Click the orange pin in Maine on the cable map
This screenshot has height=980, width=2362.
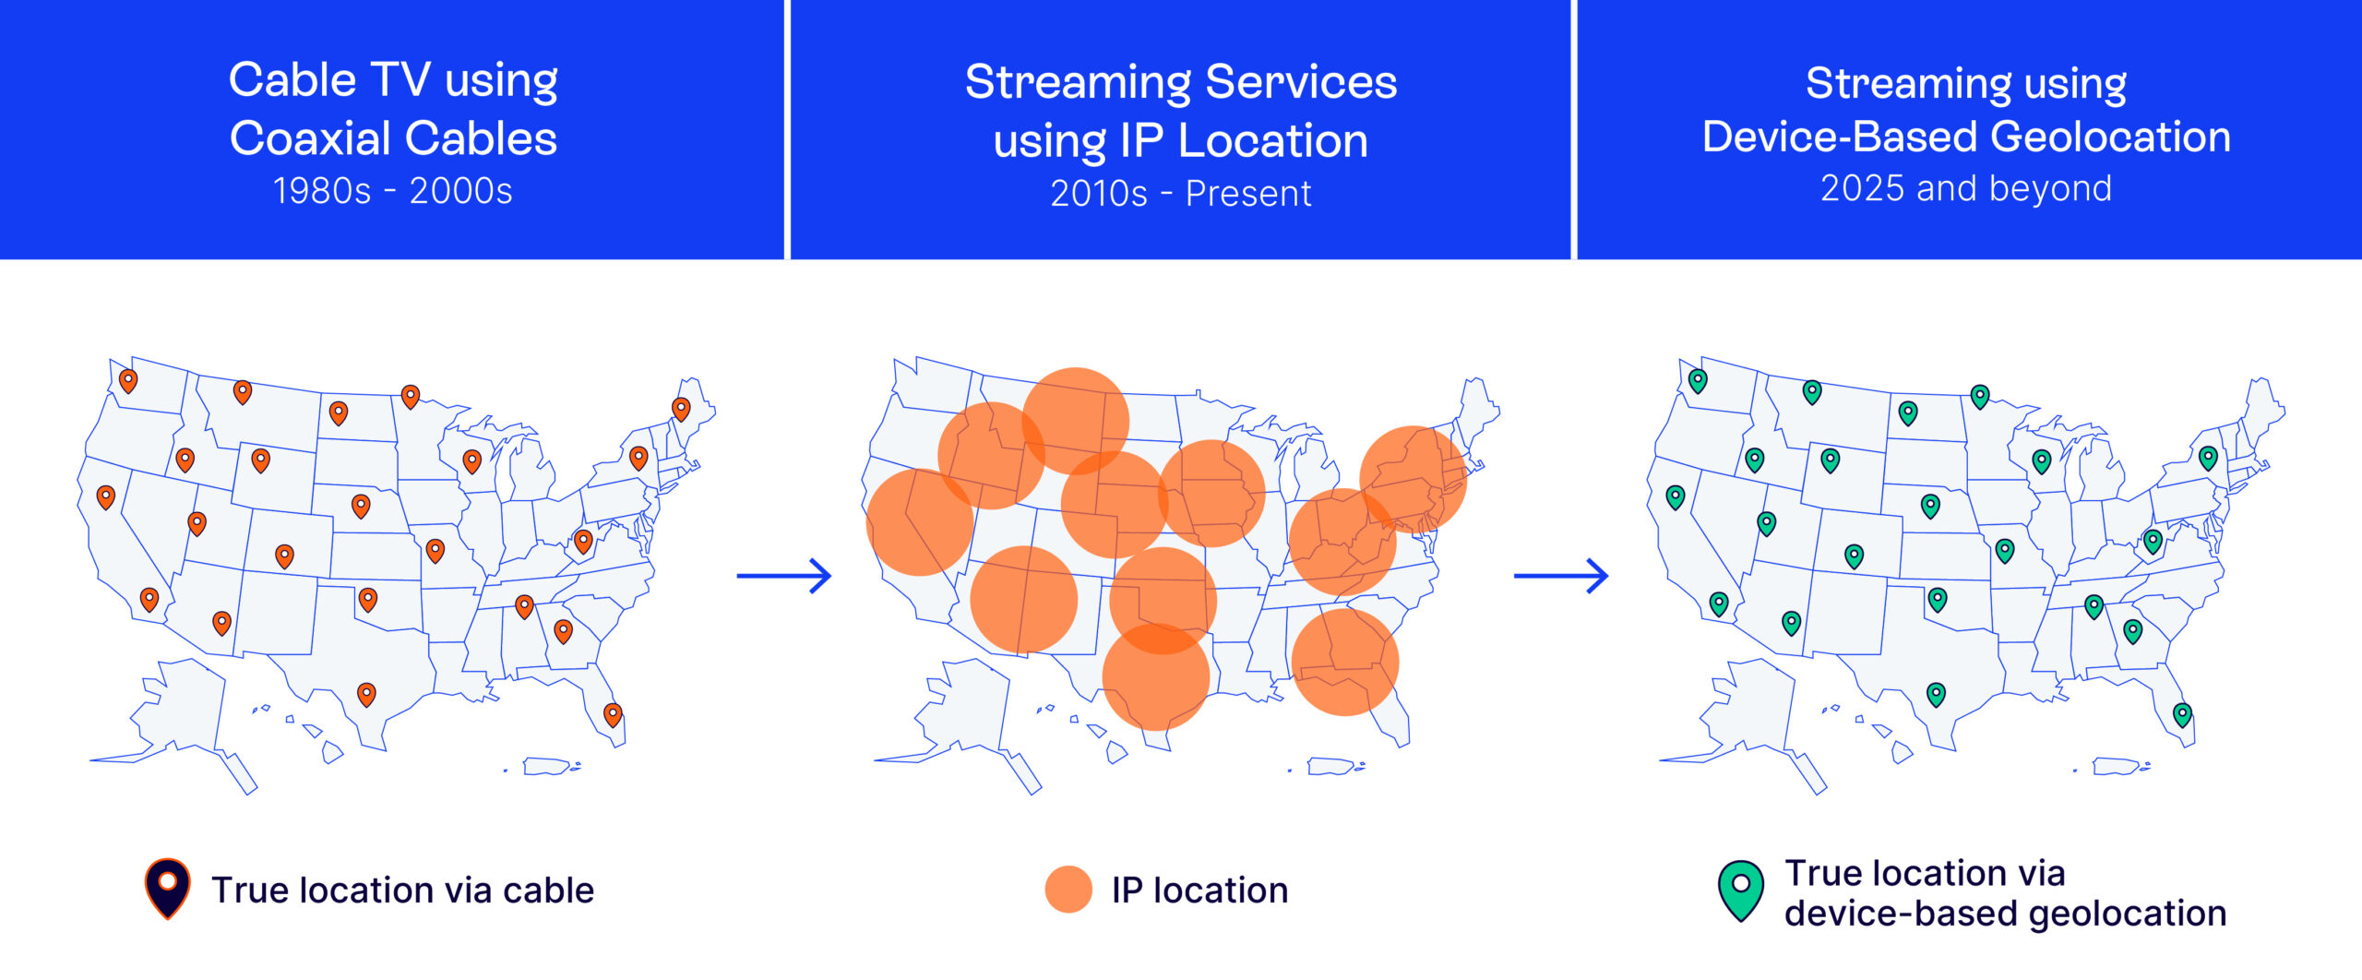[x=681, y=409]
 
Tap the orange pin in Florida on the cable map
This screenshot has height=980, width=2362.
[x=613, y=714]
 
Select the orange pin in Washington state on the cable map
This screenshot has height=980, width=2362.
[x=128, y=380]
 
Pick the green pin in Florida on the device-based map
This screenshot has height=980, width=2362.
[x=2182, y=714]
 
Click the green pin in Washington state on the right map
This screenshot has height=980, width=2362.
[x=1698, y=380]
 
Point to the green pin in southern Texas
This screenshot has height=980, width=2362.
[x=1937, y=694]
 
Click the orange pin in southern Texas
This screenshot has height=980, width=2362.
[x=366, y=694]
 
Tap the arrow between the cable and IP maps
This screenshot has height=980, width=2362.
[x=784, y=576]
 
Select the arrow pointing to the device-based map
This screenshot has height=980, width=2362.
[x=1561, y=576]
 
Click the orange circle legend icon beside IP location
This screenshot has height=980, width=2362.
[x=1068, y=890]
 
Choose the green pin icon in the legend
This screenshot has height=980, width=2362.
[x=1741, y=891]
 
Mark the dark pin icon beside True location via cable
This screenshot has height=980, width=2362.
[x=168, y=889]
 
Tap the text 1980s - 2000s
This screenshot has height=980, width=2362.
[x=393, y=191]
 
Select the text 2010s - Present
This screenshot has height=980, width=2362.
[x=1181, y=194]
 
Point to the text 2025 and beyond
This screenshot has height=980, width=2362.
[x=1966, y=188]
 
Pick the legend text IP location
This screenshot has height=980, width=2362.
[x=1199, y=890]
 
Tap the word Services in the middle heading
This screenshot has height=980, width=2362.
[x=1301, y=81]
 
